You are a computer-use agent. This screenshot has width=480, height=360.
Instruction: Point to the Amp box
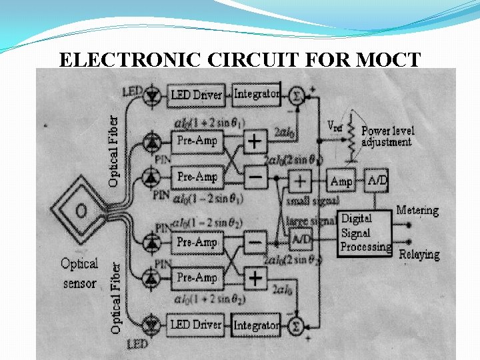(342, 181)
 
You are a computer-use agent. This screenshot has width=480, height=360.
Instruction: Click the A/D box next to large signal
(301, 238)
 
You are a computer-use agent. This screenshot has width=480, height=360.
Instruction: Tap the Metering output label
(417, 211)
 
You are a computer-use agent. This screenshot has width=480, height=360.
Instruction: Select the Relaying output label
(419, 254)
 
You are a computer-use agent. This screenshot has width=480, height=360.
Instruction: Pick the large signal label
(311, 221)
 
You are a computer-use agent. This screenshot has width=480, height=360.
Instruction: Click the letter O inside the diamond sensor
(81, 211)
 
